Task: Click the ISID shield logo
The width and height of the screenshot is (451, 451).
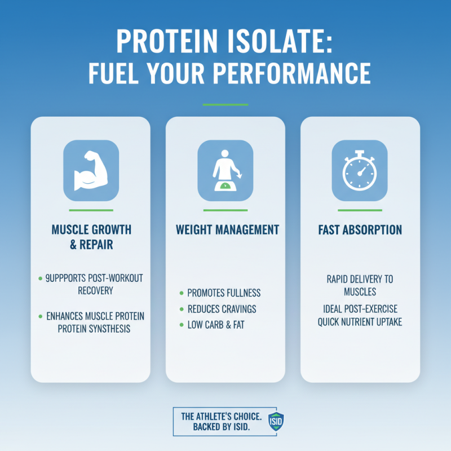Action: tap(276, 421)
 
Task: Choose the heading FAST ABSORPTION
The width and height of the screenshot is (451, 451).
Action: tap(360, 230)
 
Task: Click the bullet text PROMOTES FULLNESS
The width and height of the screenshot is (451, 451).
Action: tap(224, 293)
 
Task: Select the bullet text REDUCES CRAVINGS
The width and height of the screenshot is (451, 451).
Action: tap(222, 309)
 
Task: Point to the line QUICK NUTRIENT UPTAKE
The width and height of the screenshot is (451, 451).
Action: tap(360, 322)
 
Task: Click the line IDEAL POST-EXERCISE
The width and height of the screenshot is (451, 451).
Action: tap(360, 309)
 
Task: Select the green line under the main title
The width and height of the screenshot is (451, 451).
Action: tap(225, 104)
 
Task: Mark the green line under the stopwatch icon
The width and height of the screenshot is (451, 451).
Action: tap(360, 210)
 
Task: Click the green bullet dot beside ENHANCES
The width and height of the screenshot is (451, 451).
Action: tap(40, 316)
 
